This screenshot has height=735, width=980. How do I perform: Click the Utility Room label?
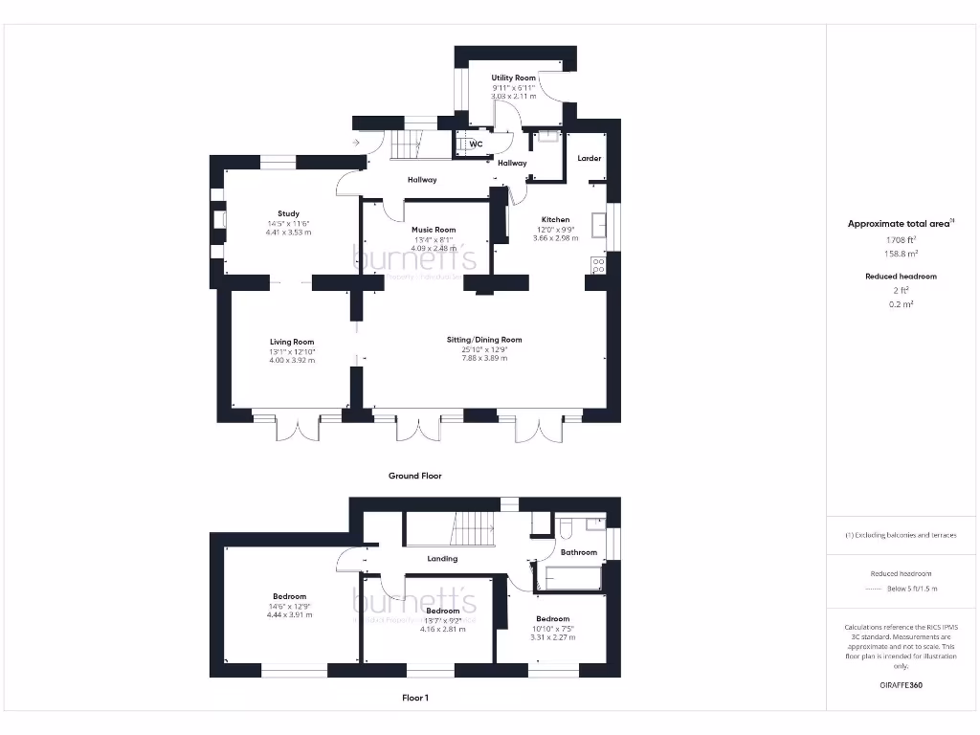tap(513, 78)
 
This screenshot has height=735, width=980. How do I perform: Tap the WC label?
tap(476, 145)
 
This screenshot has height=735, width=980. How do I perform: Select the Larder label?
tap(590, 158)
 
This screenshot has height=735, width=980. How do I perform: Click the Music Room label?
tap(434, 230)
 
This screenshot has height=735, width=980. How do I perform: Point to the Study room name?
tap(288, 213)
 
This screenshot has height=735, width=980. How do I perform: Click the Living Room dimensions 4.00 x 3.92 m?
tap(292, 360)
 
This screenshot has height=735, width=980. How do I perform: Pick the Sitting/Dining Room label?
tap(484, 340)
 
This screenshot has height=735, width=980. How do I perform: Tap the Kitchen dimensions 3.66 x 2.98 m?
tap(555, 238)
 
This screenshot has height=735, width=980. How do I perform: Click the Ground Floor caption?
tap(414, 476)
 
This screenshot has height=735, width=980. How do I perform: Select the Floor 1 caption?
tap(414, 699)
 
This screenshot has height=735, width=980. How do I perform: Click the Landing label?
tap(442, 559)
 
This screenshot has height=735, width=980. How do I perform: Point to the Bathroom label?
tap(579, 552)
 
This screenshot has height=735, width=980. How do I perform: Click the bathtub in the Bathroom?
tap(571, 579)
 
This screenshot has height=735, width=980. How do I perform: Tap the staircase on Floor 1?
tap(471, 527)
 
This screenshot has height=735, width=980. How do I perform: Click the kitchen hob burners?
tap(599, 265)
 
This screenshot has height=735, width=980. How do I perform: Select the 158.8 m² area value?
tap(899, 254)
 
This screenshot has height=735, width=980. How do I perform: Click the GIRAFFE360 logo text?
tap(900, 685)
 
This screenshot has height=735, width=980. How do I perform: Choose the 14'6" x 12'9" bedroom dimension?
tap(288, 605)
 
